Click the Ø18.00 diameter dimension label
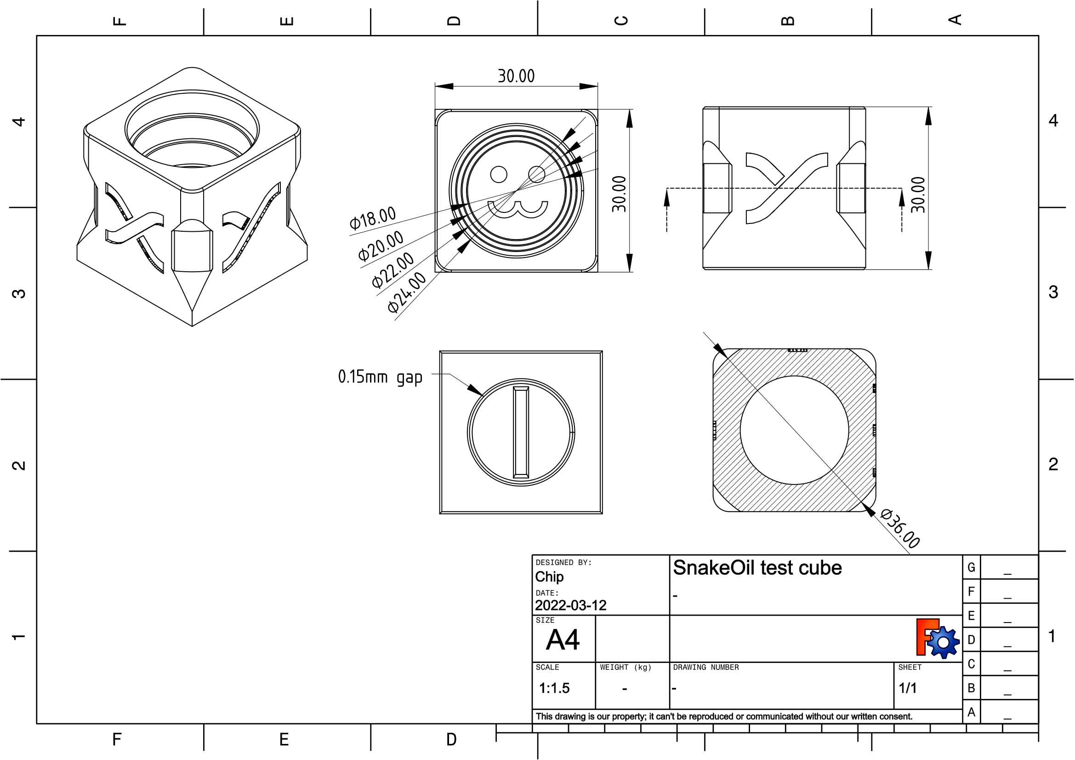click(373, 218)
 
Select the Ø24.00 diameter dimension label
click(406, 293)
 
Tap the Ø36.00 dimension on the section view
click(899, 528)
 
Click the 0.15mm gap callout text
click(380, 377)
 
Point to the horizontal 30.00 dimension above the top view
click(516, 76)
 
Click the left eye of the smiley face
click(499, 175)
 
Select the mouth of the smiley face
click(518, 209)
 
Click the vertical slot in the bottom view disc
click(521, 432)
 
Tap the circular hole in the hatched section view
click(794, 430)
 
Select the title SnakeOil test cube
click(757, 568)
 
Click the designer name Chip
click(549, 577)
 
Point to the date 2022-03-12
click(571, 606)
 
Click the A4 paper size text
click(563, 640)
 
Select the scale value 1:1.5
click(554, 688)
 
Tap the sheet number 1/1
click(907, 688)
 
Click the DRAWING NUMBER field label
click(705, 667)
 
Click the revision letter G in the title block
click(971, 567)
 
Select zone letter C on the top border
click(621, 21)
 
